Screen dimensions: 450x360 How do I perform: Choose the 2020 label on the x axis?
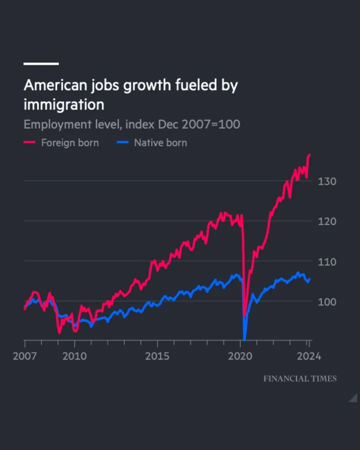coord(241,356)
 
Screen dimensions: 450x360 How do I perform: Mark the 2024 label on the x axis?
coord(309,356)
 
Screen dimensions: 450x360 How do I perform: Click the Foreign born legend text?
coord(69,142)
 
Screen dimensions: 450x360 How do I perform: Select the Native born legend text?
coord(160,142)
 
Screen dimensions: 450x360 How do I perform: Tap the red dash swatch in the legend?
coord(30,143)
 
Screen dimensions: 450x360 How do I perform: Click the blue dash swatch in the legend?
coord(122,143)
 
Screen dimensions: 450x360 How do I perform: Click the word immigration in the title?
coord(63,104)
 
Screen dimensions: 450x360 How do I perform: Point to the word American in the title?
coord(55,85)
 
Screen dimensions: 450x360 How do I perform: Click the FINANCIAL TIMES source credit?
coord(300,378)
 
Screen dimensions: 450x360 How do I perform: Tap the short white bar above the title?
coord(41,63)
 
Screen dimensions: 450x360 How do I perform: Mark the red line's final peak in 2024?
coord(309,155)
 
